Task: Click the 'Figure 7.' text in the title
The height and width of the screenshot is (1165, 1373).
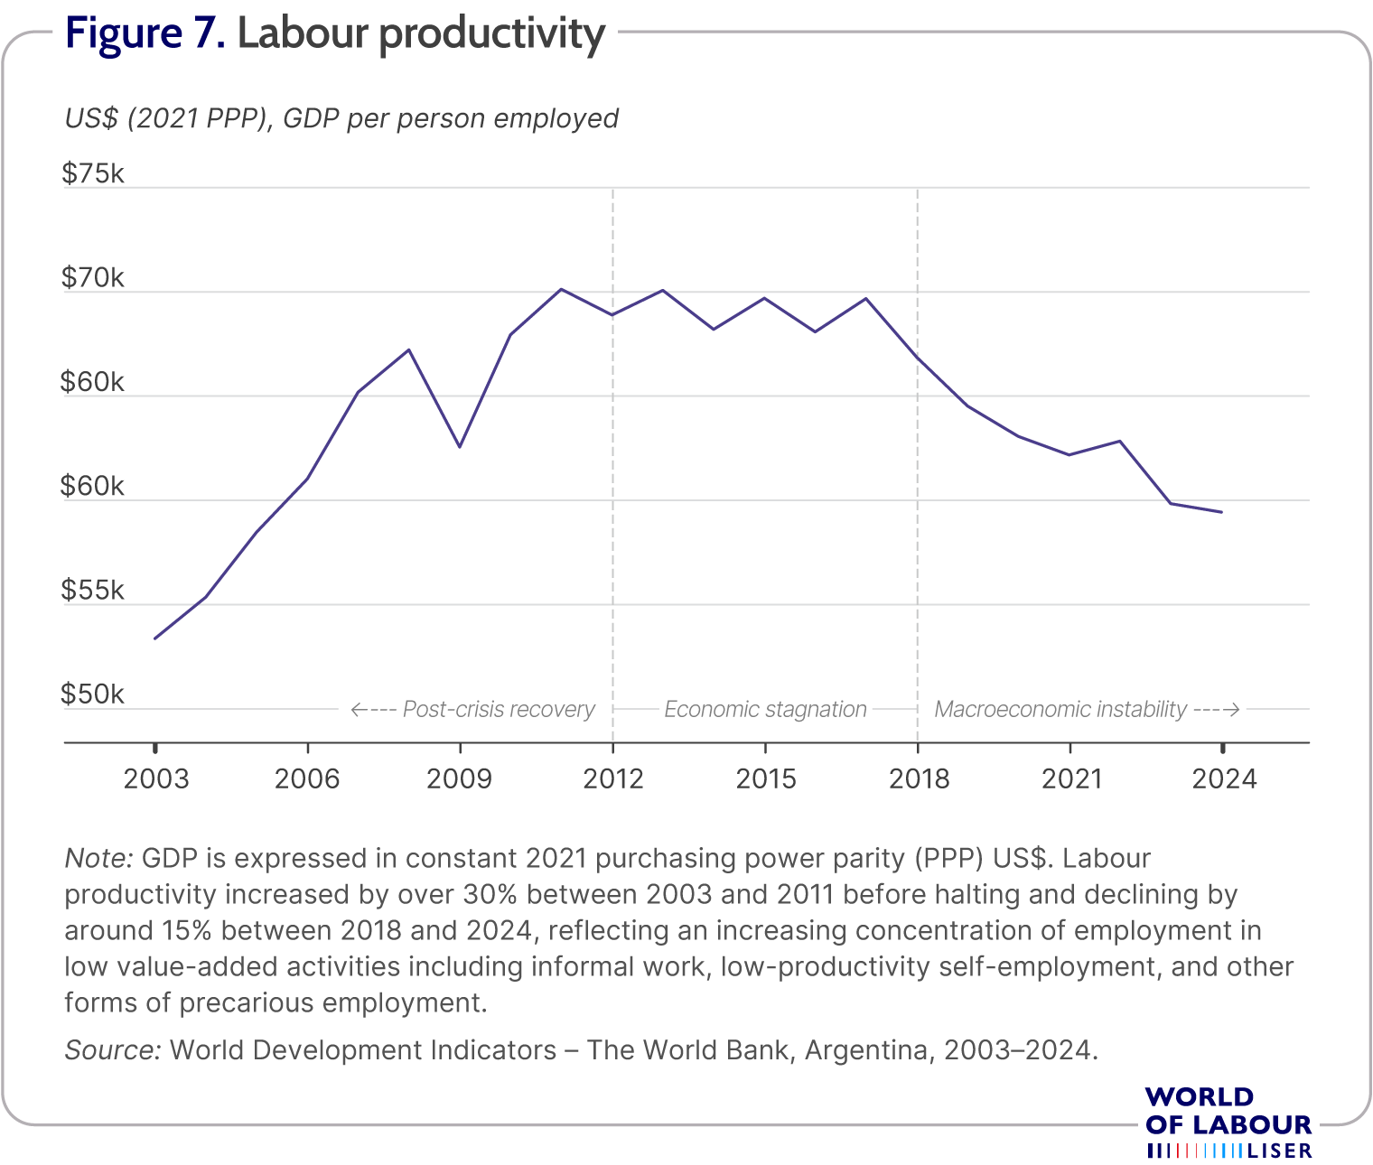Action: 145,33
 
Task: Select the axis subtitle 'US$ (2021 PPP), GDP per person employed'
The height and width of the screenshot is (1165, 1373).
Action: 341,119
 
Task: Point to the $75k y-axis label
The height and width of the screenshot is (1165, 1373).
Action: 93,173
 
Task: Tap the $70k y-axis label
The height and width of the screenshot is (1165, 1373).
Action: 93,277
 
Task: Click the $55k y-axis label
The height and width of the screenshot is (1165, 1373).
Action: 93,590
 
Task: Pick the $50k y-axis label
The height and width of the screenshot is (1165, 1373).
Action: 93,694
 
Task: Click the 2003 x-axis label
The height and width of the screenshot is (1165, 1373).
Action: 156,779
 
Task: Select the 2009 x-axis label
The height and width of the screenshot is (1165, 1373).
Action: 460,779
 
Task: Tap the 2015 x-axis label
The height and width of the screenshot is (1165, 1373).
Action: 766,779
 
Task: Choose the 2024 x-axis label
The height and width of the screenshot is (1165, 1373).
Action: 1224,779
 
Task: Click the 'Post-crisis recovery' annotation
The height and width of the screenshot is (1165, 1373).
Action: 499,709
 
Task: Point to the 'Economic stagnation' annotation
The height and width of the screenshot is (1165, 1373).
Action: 765,709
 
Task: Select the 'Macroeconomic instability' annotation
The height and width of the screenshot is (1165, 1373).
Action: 1060,709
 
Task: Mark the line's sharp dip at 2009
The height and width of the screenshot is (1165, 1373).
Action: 460,446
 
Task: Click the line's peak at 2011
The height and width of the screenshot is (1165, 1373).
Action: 561,290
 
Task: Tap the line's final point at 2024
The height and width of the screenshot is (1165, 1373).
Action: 1221,512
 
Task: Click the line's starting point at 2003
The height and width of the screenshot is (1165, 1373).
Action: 155,638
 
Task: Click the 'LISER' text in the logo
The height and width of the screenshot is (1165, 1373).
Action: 1280,1151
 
